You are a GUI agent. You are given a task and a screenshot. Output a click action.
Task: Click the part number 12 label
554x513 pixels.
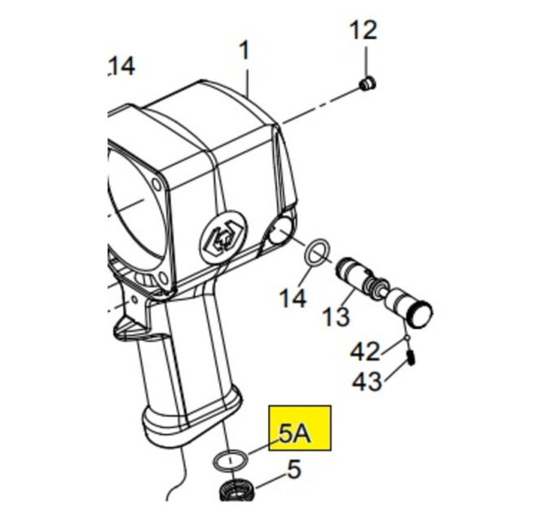click(x=363, y=30)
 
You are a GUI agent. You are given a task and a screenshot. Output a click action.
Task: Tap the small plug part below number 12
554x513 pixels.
click(x=367, y=84)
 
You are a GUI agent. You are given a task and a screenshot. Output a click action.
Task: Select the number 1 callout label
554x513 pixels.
click(x=245, y=50)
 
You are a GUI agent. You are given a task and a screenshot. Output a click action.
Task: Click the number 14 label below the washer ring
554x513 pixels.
click(x=292, y=298)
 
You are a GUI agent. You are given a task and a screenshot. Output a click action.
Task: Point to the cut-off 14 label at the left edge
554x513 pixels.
click(x=121, y=67)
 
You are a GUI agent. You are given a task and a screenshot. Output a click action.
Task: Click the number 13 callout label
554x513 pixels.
click(x=336, y=316)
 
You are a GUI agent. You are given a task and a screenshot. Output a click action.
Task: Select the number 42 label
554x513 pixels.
click(x=365, y=352)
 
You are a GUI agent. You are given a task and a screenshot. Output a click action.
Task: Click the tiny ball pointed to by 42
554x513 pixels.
click(x=407, y=338)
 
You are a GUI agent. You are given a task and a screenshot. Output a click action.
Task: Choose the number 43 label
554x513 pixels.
click(x=367, y=381)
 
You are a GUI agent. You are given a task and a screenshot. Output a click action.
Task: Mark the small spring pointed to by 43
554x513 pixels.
click(x=411, y=357)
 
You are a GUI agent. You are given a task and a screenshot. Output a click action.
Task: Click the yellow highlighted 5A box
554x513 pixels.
click(x=300, y=428)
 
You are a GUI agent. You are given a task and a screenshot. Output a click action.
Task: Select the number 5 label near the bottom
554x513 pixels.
click(x=294, y=470)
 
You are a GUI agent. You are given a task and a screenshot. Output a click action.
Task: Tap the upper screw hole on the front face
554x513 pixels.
click(x=156, y=184)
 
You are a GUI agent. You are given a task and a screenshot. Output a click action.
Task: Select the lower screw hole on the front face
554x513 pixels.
click(x=163, y=278)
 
